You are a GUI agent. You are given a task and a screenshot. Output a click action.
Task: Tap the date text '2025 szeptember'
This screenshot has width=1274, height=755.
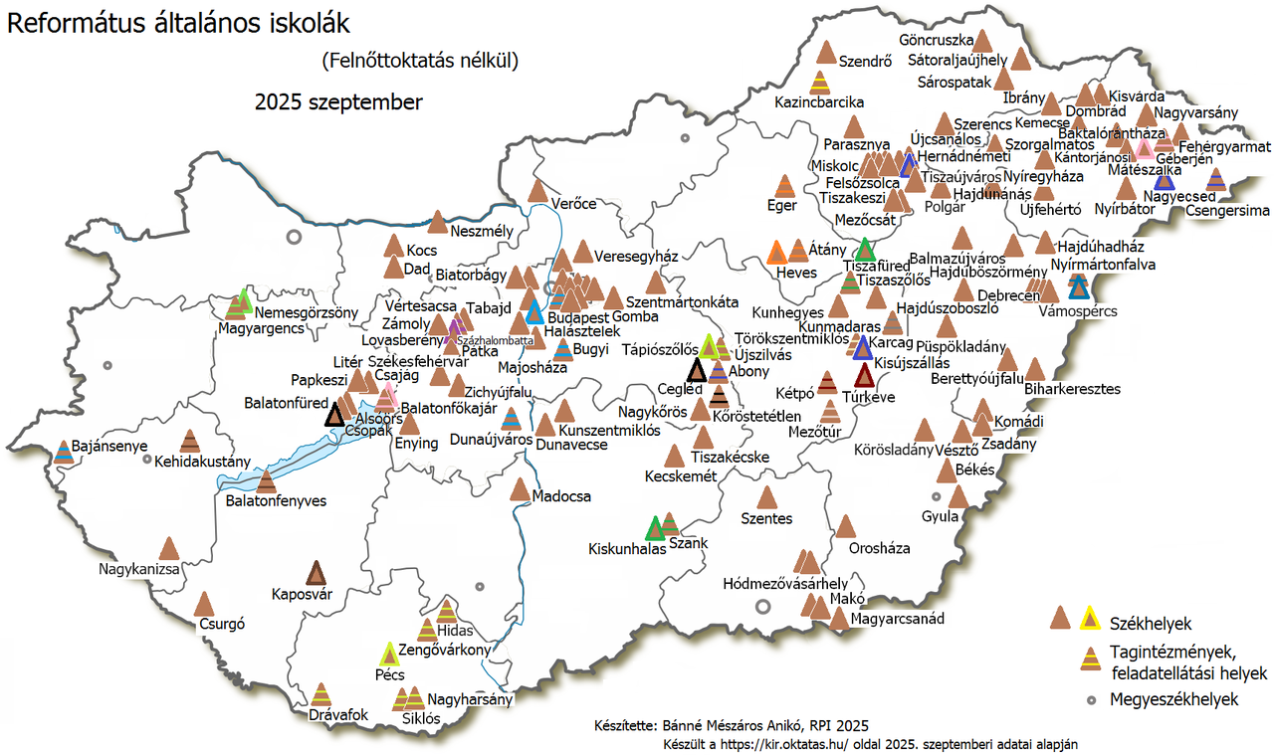click(338, 102)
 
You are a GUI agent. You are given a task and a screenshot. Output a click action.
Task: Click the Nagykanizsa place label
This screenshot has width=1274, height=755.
click(138, 570)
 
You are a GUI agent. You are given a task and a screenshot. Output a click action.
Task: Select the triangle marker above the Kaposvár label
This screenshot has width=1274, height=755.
click(317, 573)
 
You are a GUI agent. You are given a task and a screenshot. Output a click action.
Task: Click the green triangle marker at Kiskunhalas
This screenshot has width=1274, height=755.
click(654, 529)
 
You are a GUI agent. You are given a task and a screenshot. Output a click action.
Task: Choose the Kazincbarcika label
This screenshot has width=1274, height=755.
click(819, 102)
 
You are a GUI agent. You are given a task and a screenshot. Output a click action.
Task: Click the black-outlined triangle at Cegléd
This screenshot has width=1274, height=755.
click(697, 371)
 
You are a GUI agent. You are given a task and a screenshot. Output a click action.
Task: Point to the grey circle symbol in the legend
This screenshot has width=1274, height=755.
click(1091, 700)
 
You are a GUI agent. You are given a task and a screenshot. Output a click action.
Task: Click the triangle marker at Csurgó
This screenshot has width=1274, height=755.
click(204, 604)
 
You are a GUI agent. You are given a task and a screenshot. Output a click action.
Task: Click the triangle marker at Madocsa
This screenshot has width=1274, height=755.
click(520, 489)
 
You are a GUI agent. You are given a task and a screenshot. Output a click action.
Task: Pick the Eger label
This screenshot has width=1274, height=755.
click(782, 206)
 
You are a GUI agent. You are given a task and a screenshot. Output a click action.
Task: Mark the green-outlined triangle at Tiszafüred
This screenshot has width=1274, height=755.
click(865, 249)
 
